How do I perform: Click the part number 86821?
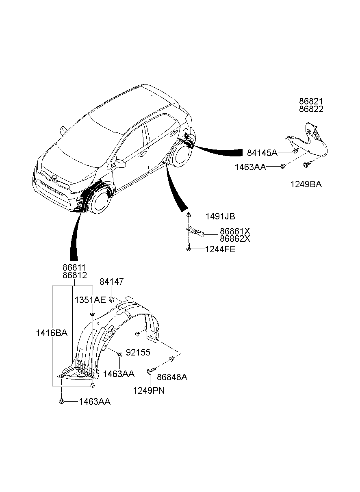311,102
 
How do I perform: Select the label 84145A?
262,153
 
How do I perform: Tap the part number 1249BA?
306,184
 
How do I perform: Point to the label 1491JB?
220,217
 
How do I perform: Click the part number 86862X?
235,238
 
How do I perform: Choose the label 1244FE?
220,249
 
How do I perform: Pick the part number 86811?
75,267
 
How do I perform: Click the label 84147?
112,282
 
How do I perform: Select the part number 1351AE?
90,300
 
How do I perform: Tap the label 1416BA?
52,333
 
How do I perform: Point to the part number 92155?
138,353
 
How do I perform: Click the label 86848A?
172,377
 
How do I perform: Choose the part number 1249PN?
149,391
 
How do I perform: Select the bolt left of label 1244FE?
188,247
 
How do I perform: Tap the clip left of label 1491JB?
189,215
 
